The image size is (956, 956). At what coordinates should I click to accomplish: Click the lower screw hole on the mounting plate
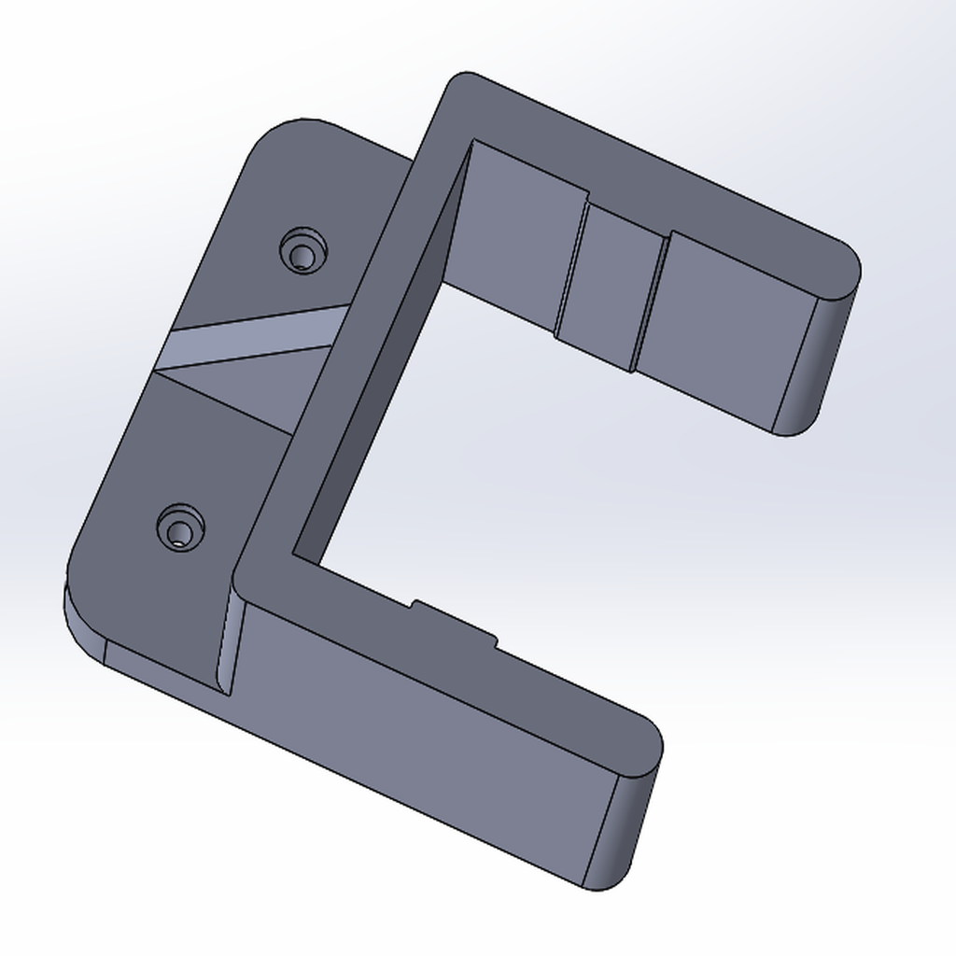179,529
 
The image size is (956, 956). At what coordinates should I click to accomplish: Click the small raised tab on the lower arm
454,622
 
